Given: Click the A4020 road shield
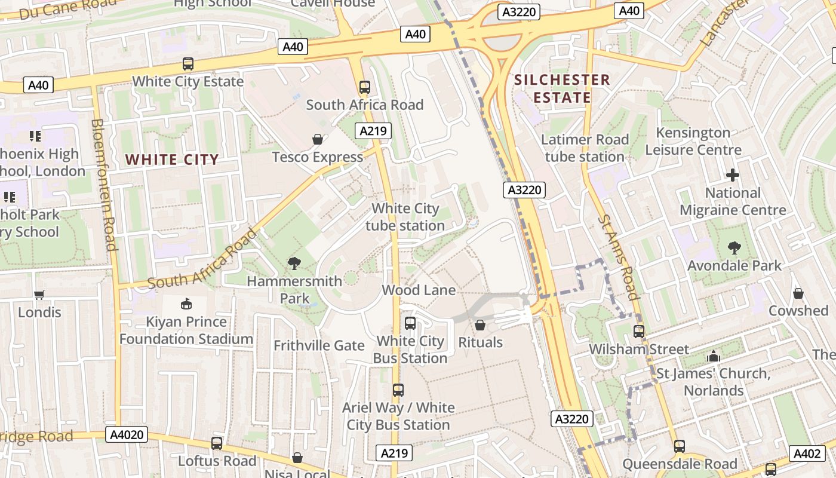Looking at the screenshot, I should click(x=128, y=434).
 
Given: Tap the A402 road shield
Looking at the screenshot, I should click(x=807, y=454).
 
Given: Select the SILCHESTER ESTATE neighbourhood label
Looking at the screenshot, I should click(x=562, y=88).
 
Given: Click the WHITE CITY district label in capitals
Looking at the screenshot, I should click(x=172, y=160).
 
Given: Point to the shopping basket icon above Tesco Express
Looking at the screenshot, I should click(x=318, y=139).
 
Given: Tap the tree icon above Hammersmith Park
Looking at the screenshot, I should click(x=294, y=263).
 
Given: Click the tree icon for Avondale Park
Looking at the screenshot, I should click(x=734, y=247).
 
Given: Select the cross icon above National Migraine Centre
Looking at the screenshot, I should click(x=732, y=175).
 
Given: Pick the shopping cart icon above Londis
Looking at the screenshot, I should click(x=39, y=294).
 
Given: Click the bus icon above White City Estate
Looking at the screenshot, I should click(x=188, y=64).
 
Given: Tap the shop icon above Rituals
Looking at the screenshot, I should click(x=480, y=325).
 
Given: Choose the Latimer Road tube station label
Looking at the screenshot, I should click(x=585, y=148).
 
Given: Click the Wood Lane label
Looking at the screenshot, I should click(x=419, y=290).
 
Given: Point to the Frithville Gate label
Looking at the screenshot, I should click(x=319, y=345).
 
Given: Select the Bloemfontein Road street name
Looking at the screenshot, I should click(x=103, y=185).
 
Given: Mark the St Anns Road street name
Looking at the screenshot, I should click(x=618, y=257).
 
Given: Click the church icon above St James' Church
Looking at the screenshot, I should click(x=713, y=356).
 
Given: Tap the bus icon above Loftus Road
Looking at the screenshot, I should click(x=217, y=443).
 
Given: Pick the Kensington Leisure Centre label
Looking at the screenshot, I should click(x=693, y=141).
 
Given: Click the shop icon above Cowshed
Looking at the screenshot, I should click(x=798, y=293).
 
